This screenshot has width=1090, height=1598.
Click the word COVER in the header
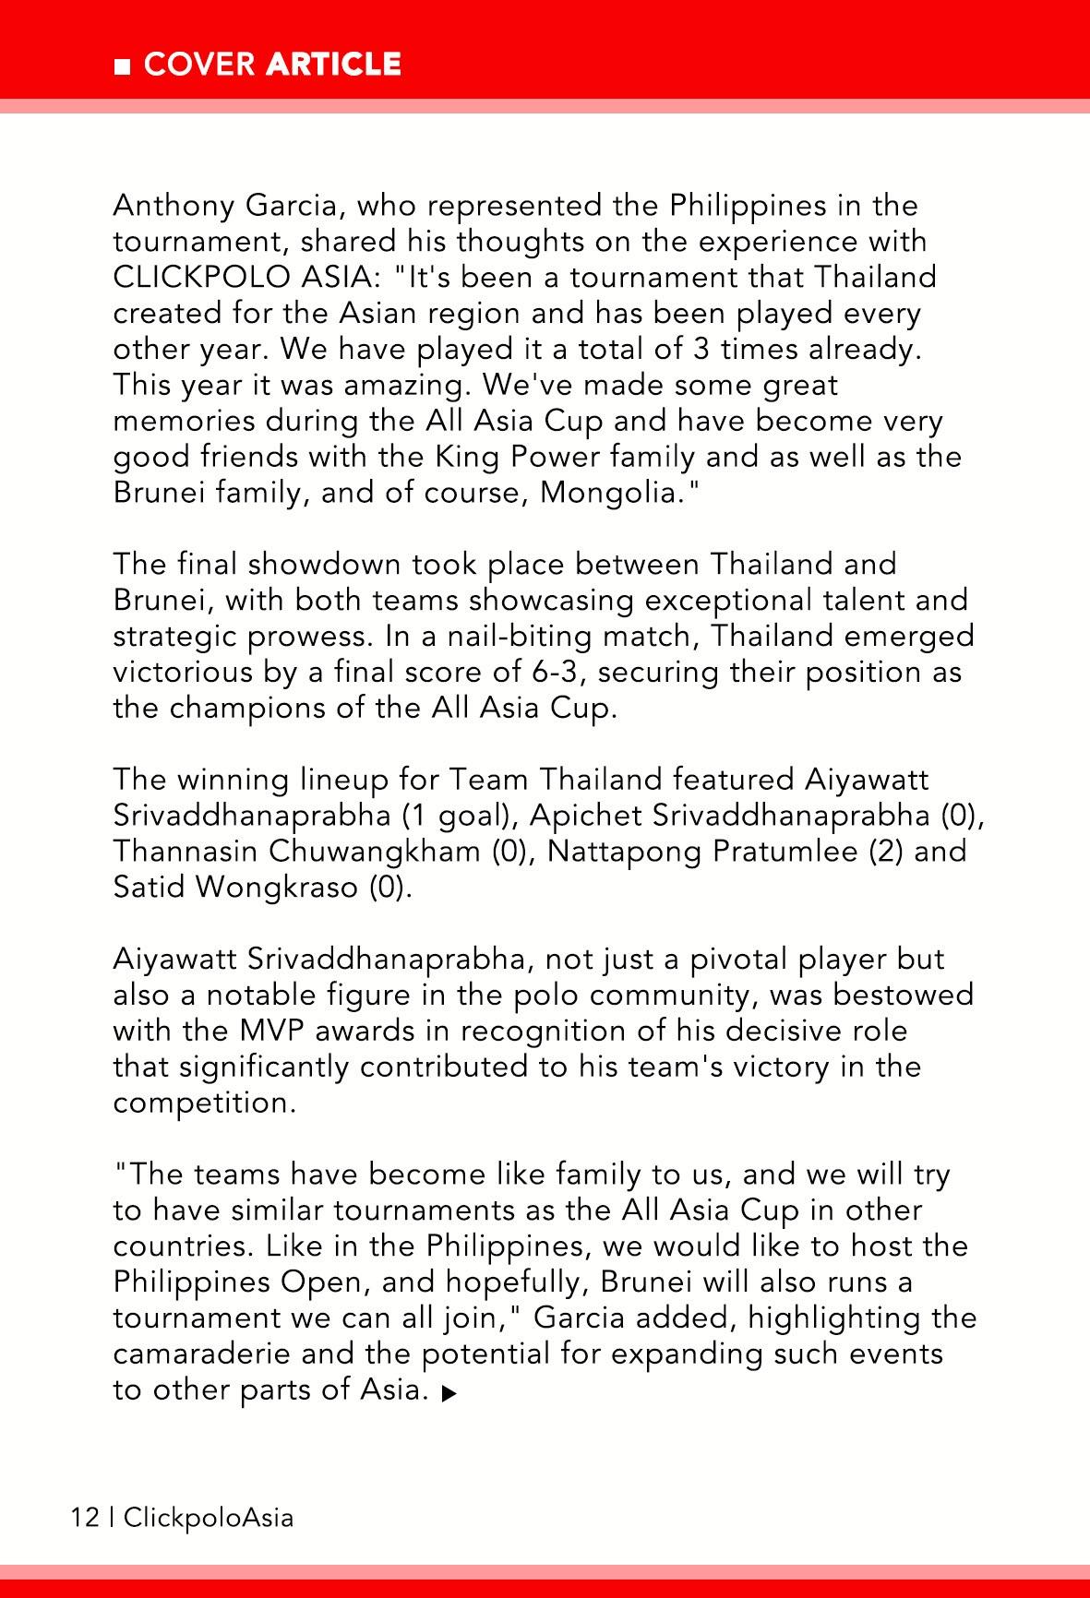(x=199, y=64)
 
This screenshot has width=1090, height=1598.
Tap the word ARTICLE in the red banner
(x=333, y=64)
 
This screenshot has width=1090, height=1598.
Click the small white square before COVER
(x=121, y=66)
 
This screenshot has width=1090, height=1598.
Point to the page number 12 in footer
(x=84, y=1517)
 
